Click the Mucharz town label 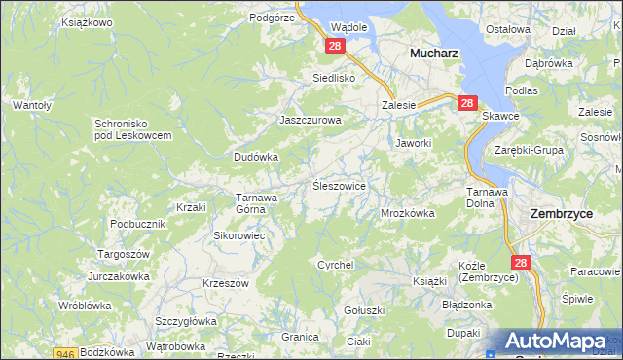point(434,54)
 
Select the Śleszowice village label point(338,185)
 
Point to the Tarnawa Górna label point(258,202)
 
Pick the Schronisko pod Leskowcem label point(133,129)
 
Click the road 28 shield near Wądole point(335,46)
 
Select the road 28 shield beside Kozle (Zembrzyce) point(521,263)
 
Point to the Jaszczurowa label point(311,121)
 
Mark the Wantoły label point(31,104)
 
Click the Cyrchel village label point(336,265)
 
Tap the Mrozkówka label point(407,212)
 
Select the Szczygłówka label point(185,320)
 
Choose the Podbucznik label point(134,223)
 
